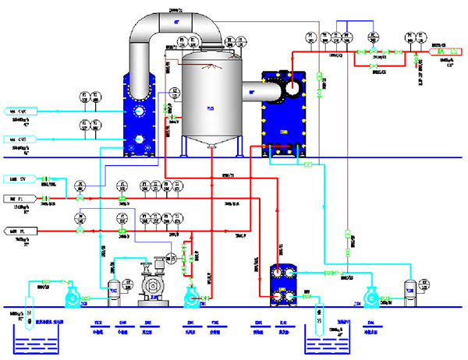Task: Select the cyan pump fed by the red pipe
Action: [x=192, y=295]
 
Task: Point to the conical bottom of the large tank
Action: [x=210, y=145]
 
